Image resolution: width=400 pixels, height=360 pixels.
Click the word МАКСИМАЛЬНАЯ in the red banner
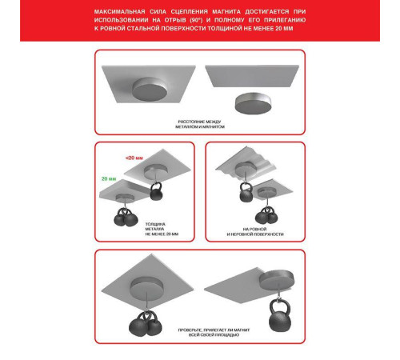coord(120,12)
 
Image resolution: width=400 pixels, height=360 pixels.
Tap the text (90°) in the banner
coord(196,20)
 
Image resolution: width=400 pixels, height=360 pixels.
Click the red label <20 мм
coord(134,158)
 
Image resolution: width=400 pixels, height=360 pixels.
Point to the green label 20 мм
coord(109,178)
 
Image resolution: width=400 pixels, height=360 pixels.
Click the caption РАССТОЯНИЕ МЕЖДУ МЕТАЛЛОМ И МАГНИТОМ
coord(200,124)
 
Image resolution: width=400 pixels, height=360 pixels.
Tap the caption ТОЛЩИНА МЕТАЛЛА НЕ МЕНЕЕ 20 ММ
coord(162,229)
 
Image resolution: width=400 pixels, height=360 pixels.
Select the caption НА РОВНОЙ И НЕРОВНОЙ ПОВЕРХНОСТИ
coord(255,232)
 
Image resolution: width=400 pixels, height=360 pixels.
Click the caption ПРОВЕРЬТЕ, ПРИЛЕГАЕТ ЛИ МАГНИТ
coord(214,330)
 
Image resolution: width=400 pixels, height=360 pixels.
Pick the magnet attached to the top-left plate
coord(150,90)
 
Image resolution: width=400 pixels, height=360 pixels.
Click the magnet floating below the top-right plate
coord(253,103)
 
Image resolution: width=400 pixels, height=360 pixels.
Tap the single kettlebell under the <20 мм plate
coord(156,191)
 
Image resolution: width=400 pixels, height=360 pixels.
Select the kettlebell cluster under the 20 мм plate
coord(126,217)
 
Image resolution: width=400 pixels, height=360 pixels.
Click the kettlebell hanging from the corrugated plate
coord(246,192)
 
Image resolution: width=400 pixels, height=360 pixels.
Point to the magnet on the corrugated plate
coord(246,168)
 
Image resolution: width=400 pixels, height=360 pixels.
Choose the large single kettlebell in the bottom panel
coord(280,316)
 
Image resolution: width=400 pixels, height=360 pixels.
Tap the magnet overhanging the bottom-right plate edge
coord(277,280)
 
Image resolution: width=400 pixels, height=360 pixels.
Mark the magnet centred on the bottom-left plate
coord(146,286)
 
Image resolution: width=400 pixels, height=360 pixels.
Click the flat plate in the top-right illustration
coord(252,76)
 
